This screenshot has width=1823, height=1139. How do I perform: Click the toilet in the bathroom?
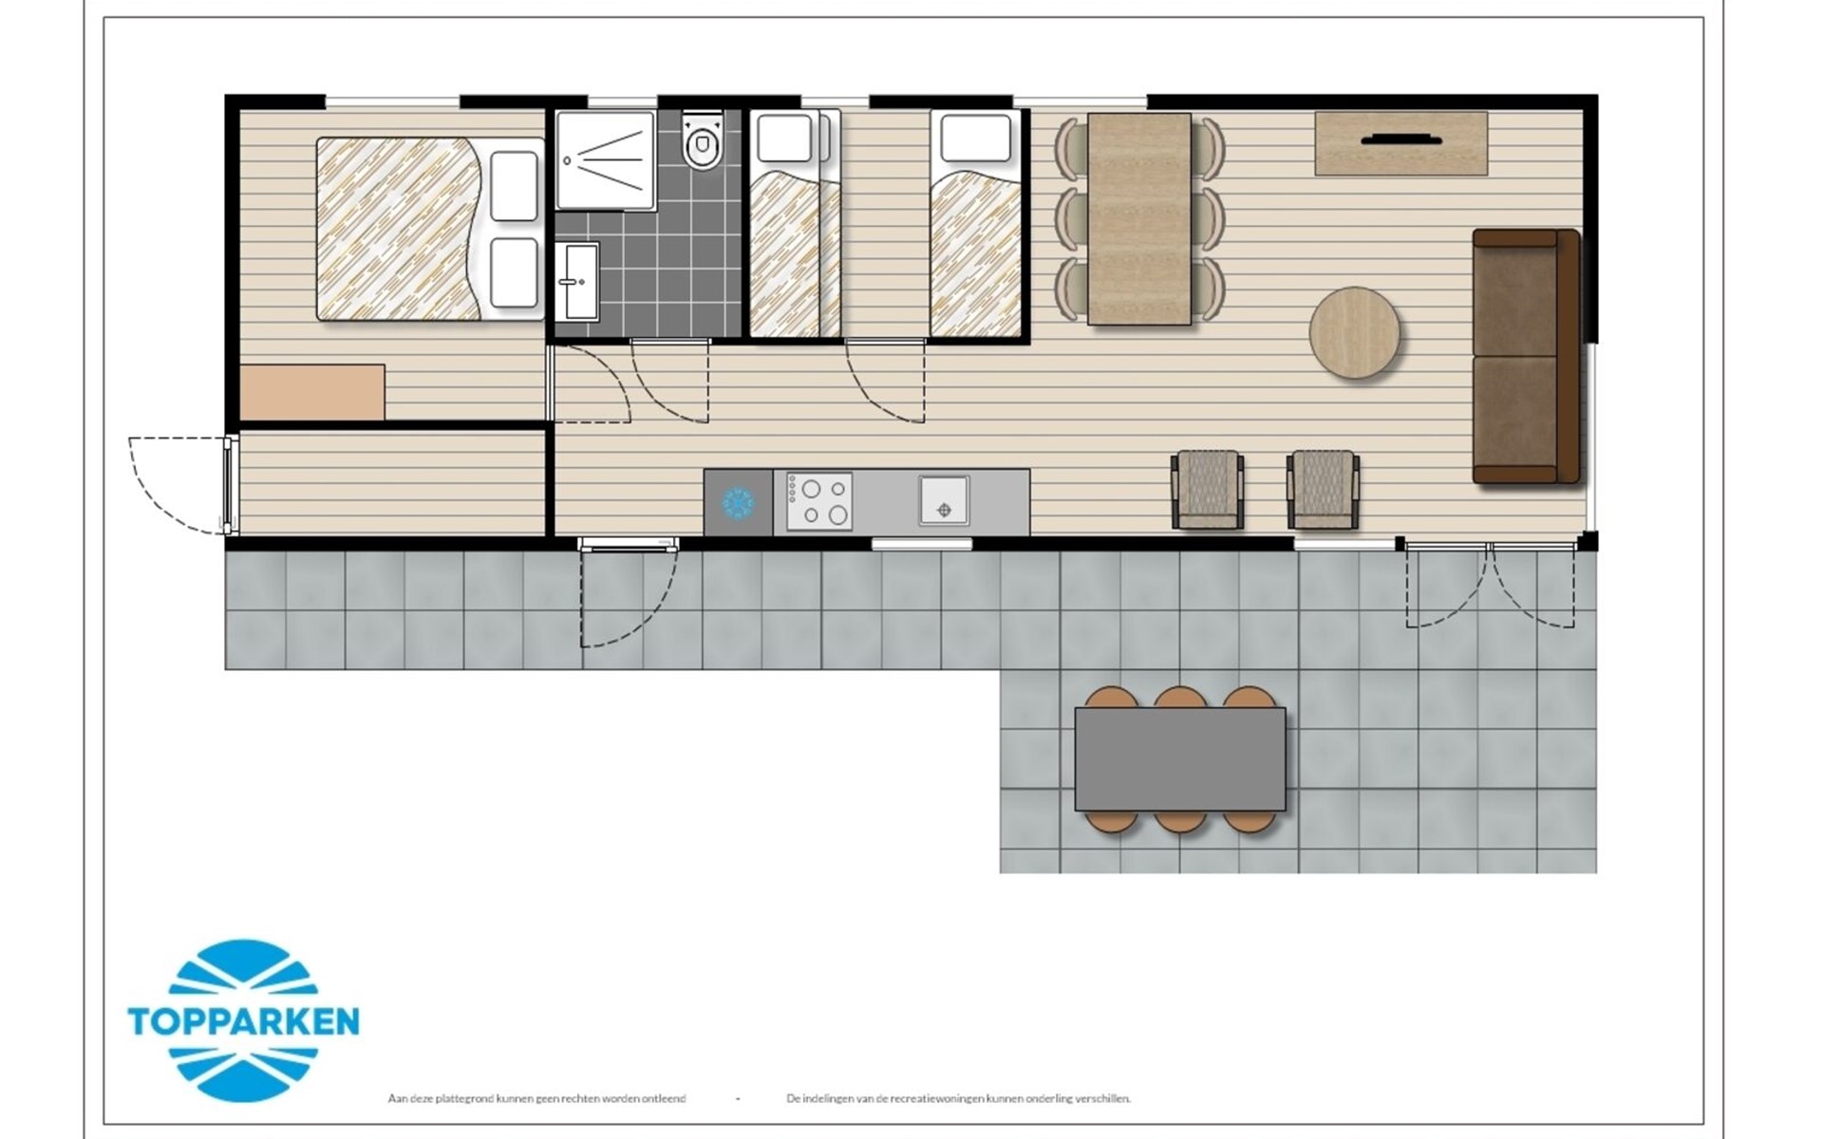(x=703, y=140)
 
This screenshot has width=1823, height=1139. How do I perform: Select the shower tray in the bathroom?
(x=606, y=159)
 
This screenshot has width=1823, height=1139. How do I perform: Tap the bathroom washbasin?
(x=577, y=281)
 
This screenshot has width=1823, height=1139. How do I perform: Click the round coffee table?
(x=1354, y=333)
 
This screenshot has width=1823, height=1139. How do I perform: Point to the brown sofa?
(x=1526, y=356)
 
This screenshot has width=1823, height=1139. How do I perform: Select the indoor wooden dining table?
(x=1139, y=219)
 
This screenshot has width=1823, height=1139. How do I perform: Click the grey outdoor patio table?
(x=1180, y=759)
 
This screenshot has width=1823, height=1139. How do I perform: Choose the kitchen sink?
(x=944, y=500)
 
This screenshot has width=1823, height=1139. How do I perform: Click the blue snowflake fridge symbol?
(x=738, y=502)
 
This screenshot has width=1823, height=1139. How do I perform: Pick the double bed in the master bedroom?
(x=430, y=229)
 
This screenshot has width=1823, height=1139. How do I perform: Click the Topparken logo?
(x=244, y=1020)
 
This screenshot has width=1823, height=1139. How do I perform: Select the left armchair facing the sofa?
(x=1208, y=489)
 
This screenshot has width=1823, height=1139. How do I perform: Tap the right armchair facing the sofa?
(x=1323, y=489)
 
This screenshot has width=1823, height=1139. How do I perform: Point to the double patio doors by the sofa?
(x=1491, y=585)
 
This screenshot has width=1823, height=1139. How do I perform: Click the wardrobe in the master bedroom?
(x=312, y=392)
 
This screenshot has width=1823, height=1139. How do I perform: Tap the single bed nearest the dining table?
(x=976, y=223)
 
